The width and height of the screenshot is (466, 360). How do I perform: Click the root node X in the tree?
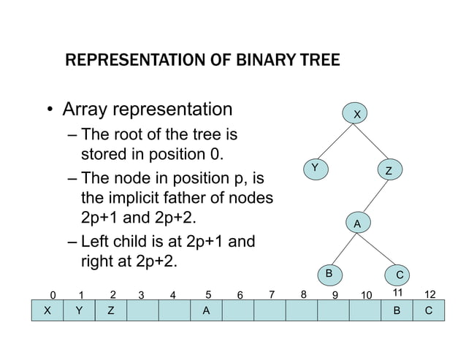(357, 115)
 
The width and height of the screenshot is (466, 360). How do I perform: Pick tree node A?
(357, 223)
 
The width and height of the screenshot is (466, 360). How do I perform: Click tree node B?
(329, 273)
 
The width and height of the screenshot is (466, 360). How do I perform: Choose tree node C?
(400, 275)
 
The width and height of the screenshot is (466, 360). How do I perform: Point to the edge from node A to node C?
(378, 248)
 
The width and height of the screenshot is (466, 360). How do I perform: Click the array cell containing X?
(48, 310)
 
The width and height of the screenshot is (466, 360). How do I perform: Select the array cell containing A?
(206, 310)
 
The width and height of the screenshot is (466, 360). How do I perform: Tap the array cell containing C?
(428, 310)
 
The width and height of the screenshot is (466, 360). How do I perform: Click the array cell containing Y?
(80, 310)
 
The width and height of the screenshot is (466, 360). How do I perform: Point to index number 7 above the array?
(272, 295)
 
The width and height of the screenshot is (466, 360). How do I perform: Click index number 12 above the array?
(429, 294)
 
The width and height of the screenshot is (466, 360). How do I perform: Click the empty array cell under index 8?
(301, 310)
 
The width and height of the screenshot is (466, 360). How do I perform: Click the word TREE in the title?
(317, 60)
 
